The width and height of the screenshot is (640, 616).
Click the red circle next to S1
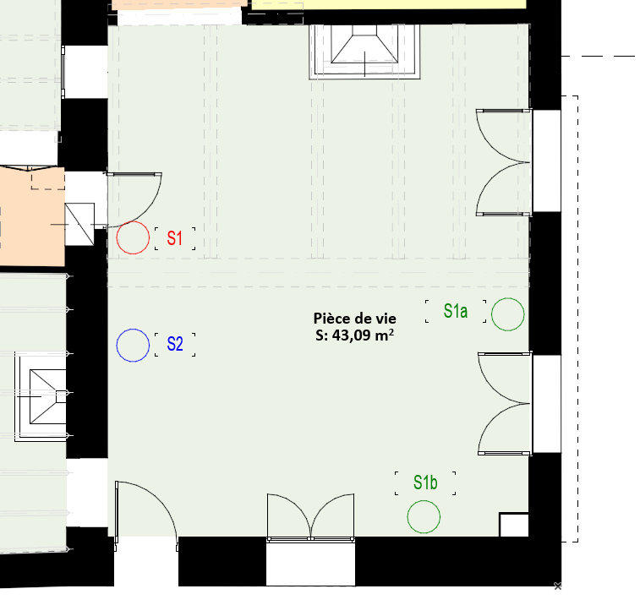click(x=117, y=237)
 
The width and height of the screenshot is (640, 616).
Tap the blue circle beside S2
click(x=117, y=346)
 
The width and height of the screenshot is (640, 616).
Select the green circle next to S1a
click(x=491, y=314)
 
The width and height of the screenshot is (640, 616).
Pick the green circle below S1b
click(x=408, y=517)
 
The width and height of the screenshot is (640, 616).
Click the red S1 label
click(x=175, y=238)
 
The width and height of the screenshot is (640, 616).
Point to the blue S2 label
click(x=175, y=344)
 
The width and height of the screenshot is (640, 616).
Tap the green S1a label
click(x=456, y=311)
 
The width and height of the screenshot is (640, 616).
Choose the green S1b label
click(x=425, y=482)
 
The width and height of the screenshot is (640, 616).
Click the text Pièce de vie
click(x=355, y=319)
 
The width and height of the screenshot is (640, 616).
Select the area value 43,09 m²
click(x=363, y=335)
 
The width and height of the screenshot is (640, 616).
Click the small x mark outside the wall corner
click(x=557, y=586)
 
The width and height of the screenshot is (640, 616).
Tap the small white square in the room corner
click(x=514, y=525)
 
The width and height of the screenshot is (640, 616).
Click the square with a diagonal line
click(x=79, y=225)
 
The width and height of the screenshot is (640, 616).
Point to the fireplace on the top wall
click(x=364, y=52)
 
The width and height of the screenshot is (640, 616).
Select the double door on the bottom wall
click(x=310, y=518)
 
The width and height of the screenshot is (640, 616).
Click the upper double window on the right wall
click(x=504, y=162)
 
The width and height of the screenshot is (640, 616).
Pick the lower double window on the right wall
click(x=506, y=403)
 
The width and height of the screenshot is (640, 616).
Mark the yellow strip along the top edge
click(x=389, y=4)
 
